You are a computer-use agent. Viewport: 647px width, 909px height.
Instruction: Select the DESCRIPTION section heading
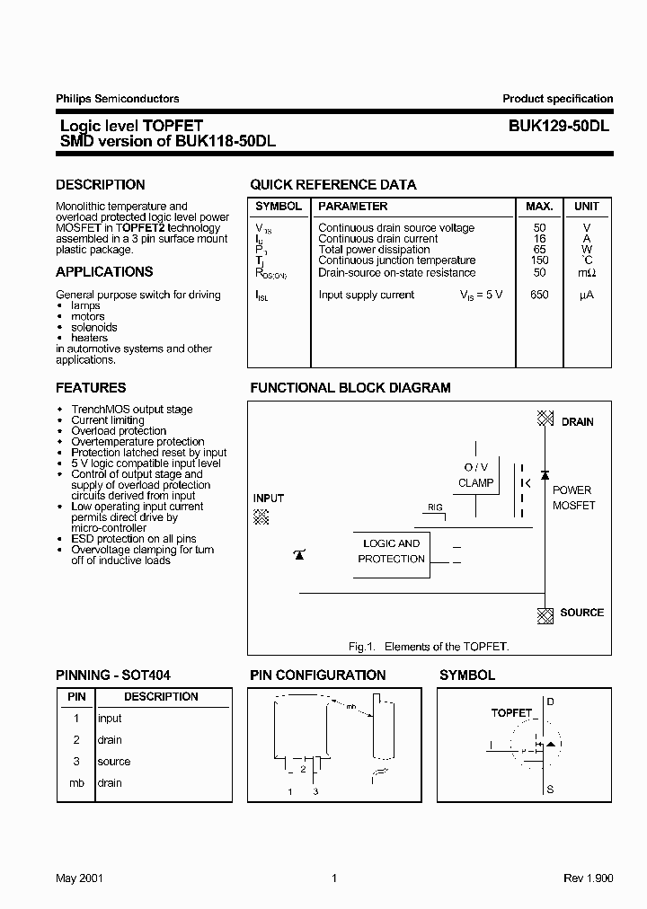100,185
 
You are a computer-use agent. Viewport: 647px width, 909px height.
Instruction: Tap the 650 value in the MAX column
539,295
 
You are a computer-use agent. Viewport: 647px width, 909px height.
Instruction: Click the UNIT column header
586,207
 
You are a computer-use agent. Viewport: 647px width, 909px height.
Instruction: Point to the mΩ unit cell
586,273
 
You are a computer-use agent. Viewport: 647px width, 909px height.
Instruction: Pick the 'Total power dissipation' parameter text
374,250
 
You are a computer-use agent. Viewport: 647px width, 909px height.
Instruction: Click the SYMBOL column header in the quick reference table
279,207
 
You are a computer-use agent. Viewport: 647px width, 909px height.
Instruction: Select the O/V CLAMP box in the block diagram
475,475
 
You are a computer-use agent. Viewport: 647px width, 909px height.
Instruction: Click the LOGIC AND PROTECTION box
391,552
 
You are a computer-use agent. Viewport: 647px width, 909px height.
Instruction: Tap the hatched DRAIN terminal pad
544,419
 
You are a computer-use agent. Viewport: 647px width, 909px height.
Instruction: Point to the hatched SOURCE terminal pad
544,614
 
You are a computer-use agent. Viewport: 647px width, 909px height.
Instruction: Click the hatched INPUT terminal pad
261,516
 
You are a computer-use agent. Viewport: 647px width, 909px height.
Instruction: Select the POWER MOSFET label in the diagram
573,498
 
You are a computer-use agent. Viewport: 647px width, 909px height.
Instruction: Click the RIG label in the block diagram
435,507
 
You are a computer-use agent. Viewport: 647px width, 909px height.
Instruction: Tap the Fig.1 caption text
428,647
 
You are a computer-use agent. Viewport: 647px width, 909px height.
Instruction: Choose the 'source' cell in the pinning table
113,762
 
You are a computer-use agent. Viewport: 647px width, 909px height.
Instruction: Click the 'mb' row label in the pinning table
76,783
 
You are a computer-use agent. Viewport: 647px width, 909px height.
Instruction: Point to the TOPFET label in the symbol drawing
511,712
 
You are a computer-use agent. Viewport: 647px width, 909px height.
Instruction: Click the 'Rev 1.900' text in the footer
589,878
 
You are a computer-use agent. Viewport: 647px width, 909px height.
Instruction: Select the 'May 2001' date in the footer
79,878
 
